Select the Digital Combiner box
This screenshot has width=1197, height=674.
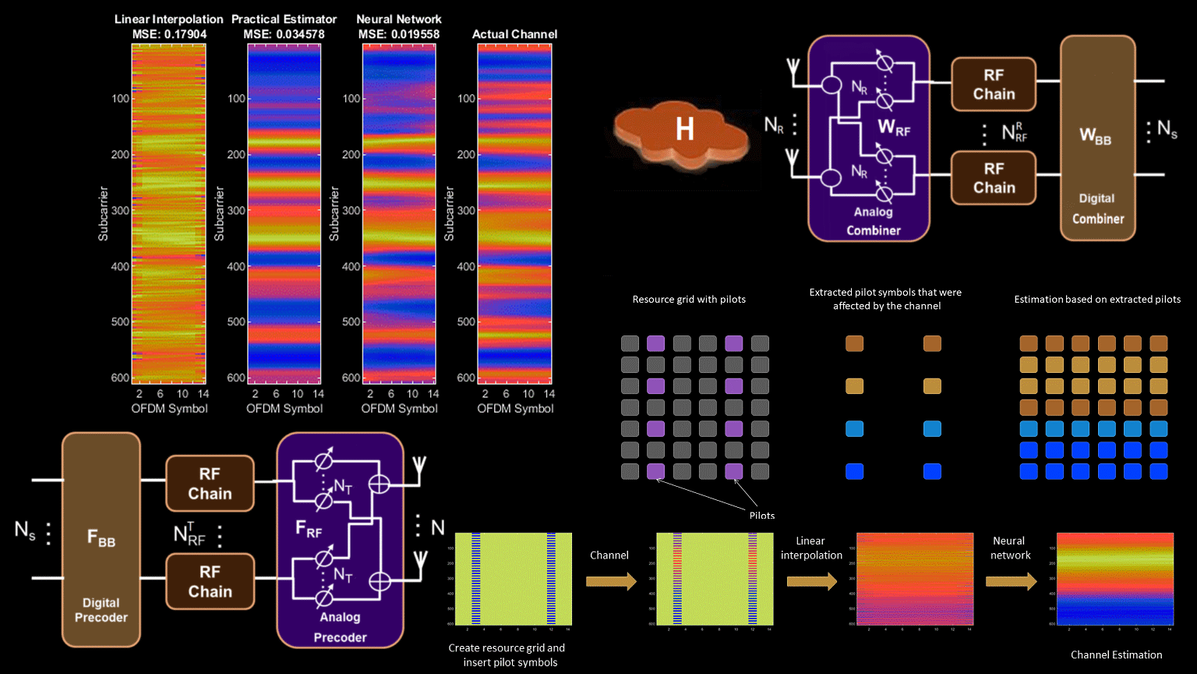coord(1097,137)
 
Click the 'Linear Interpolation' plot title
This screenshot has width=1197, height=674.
coord(168,19)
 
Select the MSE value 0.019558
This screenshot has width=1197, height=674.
coord(399,34)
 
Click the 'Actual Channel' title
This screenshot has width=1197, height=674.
coord(514,34)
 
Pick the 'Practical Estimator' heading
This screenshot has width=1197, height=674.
coord(284,19)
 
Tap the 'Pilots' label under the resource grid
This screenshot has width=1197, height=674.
coord(761,515)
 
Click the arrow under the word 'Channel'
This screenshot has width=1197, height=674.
coord(610,581)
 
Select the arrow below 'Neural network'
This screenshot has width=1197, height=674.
coord(1011,581)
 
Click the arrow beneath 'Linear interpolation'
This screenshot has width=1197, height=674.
coord(811,581)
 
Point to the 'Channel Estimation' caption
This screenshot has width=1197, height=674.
coord(1116,654)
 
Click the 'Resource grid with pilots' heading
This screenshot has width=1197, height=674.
coord(689,299)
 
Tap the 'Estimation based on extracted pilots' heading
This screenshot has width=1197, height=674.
coord(1096,299)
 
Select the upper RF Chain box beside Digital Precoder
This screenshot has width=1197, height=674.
coord(210,484)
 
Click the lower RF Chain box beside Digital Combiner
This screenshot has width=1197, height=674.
coord(994,178)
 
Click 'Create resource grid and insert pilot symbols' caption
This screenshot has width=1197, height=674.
coord(507,654)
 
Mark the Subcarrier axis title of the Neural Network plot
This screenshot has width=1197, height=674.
coord(334,213)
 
